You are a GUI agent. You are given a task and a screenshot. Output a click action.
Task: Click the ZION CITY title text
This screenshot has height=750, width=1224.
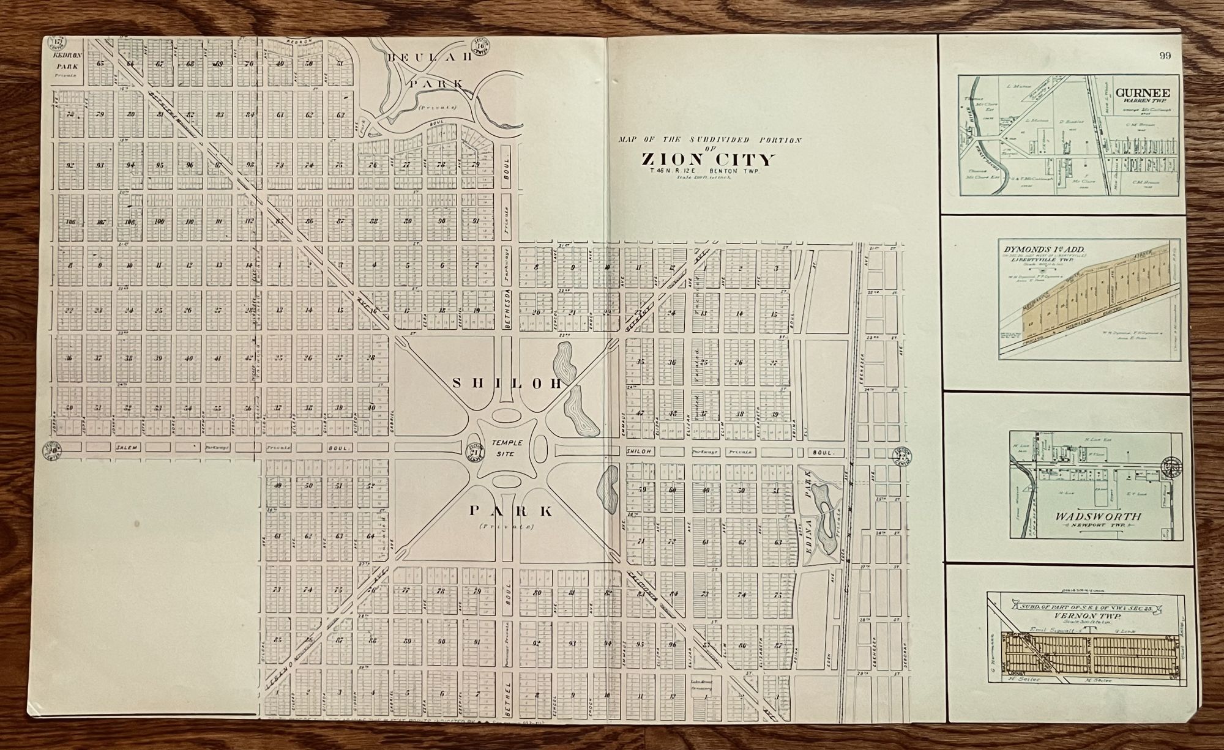coord(708,160)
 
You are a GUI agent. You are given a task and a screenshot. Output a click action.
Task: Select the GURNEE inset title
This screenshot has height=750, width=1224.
coord(1135,93)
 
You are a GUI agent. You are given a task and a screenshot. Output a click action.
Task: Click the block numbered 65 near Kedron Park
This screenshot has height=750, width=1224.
coord(100,64)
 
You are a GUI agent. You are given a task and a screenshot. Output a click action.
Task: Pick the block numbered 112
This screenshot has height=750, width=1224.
coord(249,221)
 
